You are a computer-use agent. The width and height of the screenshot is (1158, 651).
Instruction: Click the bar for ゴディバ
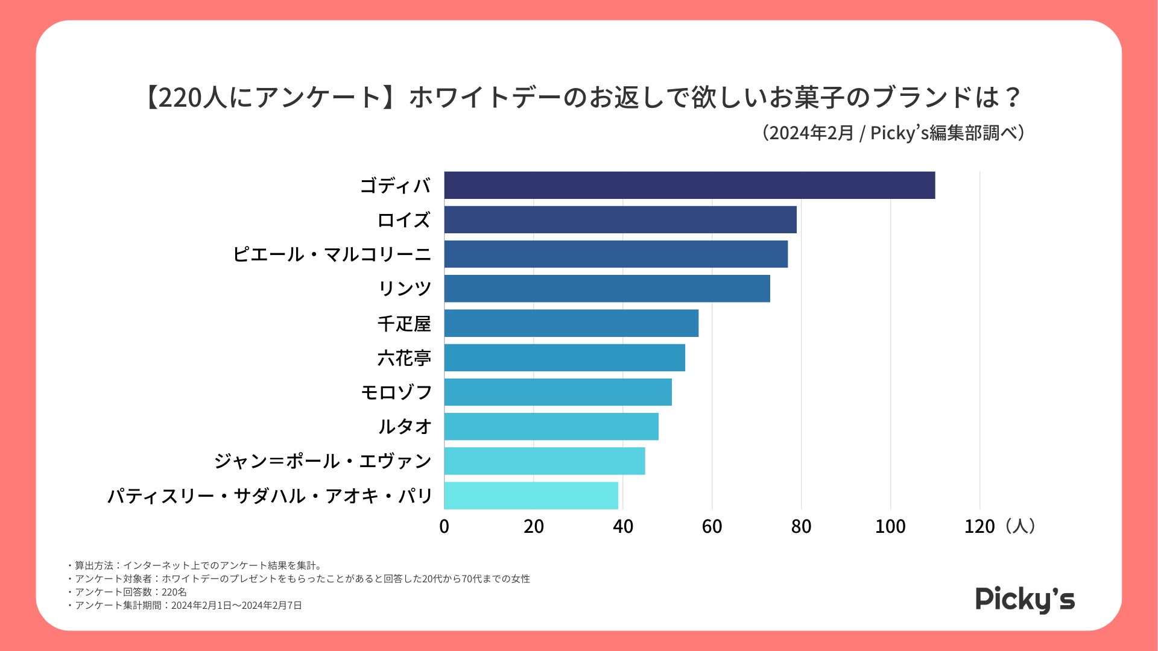(689, 185)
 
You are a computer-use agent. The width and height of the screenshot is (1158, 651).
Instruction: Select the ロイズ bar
(620, 219)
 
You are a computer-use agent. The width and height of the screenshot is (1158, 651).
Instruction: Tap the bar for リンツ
(607, 289)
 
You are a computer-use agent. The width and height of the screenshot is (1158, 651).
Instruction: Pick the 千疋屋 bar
(571, 323)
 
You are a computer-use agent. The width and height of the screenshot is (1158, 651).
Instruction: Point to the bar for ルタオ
(551, 427)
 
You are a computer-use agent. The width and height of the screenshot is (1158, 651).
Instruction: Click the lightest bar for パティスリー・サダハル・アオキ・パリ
(531, 495)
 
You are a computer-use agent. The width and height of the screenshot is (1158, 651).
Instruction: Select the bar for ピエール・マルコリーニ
(616, 254)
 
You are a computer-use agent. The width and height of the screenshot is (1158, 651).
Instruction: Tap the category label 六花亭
(404, 358)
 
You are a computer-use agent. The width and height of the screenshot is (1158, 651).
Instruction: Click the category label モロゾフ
(396, 392)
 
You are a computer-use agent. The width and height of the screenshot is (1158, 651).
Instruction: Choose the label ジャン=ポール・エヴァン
(323, 461)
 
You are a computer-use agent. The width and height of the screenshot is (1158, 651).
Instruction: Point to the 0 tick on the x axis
(445, 527)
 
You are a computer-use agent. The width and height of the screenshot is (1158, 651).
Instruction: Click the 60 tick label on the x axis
(712, 527)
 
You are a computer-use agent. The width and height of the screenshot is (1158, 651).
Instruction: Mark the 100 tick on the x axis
(890, 527)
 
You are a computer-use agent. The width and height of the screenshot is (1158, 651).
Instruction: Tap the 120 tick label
(979, 527)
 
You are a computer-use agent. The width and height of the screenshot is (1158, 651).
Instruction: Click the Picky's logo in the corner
(1025, 599)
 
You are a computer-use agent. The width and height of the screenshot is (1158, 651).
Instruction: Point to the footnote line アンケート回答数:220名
(130, 592)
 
